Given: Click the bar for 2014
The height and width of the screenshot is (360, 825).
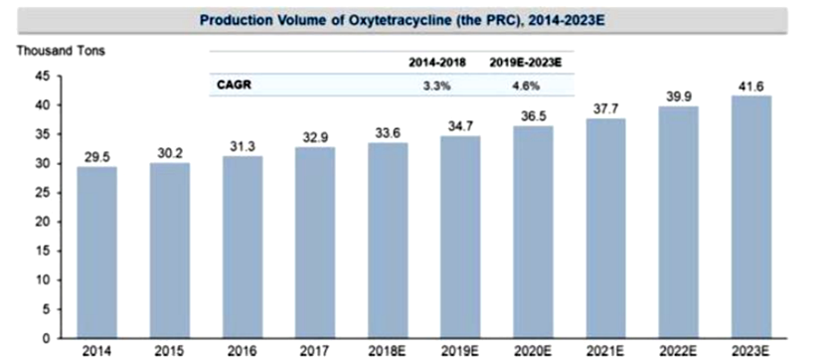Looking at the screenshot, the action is click(x=96, y=253).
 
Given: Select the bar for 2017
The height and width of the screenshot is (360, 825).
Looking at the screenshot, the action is click(x=315, y=243).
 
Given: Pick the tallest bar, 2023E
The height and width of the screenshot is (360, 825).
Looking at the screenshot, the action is click(x=751, y=217).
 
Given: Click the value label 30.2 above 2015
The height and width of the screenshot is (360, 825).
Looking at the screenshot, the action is click(x=170, y=153).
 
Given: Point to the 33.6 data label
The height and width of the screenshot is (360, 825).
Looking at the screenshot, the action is click(x=389, y=133).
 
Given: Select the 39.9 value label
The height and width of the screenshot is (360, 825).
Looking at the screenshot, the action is click(x=679, y=96).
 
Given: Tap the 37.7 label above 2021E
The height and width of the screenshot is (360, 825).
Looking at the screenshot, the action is click(x=606, y=109).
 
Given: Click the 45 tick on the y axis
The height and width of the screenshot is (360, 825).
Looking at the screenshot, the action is click(x=43, y=77).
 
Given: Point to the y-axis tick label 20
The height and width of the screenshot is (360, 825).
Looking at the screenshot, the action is click(x=43, y=222).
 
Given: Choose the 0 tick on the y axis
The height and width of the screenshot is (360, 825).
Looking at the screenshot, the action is click(x=47, y=338).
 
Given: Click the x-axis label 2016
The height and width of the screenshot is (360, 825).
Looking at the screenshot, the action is click(x=243, y=351).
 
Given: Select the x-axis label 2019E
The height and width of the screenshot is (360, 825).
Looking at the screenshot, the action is click(x=460, y=351).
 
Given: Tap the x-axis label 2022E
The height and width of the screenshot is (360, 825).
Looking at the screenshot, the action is click(x=679, y=351).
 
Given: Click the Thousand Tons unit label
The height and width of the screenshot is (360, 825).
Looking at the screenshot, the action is click(x=61, y=51).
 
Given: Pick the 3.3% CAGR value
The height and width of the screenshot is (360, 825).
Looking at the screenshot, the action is click(x=437, y=87).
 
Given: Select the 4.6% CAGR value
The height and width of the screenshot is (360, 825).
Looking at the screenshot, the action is click(x=526, y=87).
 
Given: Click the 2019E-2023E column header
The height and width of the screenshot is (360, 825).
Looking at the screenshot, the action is click(x=526, y=64).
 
